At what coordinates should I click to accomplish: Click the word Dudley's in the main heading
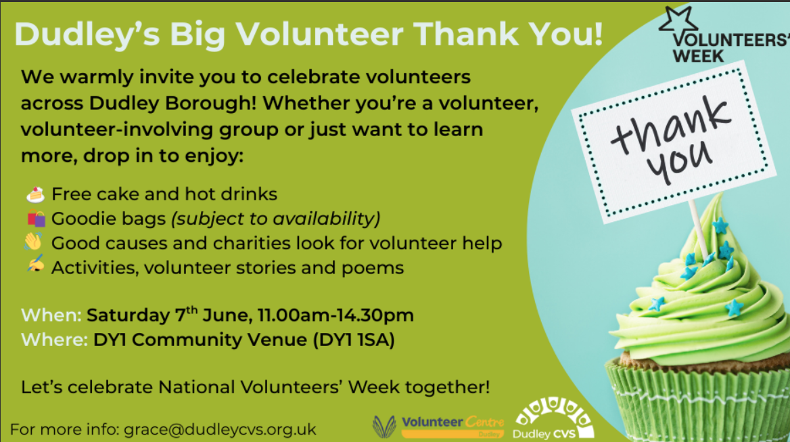pyautogui.click(x=87, y=35)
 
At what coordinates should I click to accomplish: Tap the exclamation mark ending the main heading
pyautogui.click(x=597, y=34)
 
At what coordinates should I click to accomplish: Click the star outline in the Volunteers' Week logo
pyautogui.click(x=678, y=23)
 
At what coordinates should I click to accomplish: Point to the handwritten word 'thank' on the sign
pyautogui.click(x=670, y=125)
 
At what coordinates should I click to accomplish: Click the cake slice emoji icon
pyautogui.click(x=35, y=194)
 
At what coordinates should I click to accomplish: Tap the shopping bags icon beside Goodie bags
pyautogui.click(x=36, y=218)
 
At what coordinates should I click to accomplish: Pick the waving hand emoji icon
pyautogui.click(x=33, y=242)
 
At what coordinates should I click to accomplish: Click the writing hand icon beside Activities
pyautogui.click(x=35, y=265)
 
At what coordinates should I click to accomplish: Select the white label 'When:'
pyautogui.click(x=51, y=315)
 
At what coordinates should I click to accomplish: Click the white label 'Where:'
pyautogui.click(x=54, y=340)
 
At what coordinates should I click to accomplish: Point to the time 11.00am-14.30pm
pyautogui.click(x=335, y=315)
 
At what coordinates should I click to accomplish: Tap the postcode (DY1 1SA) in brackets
pyautogui.click(x=354, y=340)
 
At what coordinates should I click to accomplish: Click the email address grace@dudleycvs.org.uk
pyautogui.click(x=220, y=429)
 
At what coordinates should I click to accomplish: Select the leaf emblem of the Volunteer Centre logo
pyautogui.click(x=384, y=426)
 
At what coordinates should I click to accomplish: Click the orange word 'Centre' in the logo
pyautogui.click(x=485, y=422)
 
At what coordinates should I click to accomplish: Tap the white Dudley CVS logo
pyautogui.click(x=553, y=418)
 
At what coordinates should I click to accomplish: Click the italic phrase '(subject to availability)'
pyautogui.click(x=275, y=219)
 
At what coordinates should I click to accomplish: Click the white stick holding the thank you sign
pyautogui.click(x=700, y=229)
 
